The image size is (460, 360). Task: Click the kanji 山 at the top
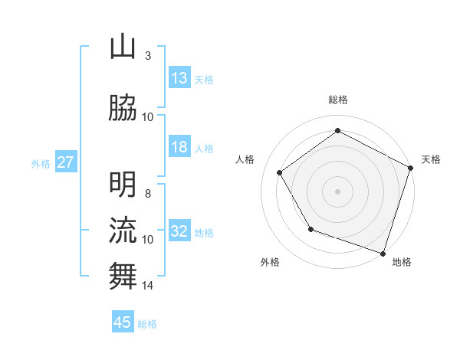pos(123,47)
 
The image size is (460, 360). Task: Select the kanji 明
pos(123,185)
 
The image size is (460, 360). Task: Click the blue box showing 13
pos(179,78)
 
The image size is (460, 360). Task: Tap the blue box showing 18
pos(179,147)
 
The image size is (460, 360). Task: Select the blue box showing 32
pos(179,231)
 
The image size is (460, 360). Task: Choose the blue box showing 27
pos(65,162)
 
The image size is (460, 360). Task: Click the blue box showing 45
pos(123,322)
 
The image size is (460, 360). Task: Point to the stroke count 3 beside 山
pos(147,56)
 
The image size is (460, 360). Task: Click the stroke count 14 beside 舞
pos(148,286)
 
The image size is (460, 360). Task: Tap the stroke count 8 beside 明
pos(147,194)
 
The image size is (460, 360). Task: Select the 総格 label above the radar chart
pos(337,100)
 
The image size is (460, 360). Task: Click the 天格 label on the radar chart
pos(431,159)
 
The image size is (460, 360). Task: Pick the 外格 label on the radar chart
pos(270,263)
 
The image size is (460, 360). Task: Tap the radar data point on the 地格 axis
pos(383,253)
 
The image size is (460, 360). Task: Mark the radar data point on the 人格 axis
pos(280,172)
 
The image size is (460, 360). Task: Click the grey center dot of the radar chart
pos(337,191)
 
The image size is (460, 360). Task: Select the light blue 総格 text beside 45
pos(147,323)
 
